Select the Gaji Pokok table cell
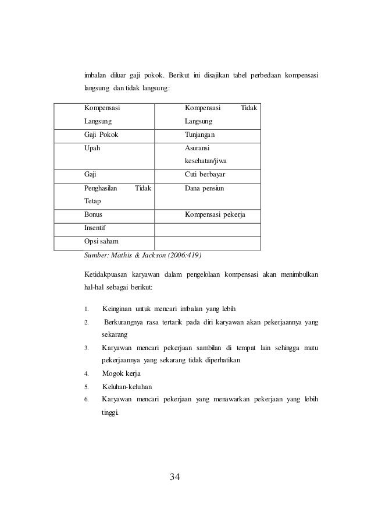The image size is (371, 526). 103,135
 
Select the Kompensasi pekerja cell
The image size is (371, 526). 215,216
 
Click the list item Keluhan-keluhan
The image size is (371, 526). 127,387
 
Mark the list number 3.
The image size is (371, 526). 86,348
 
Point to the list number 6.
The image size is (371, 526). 86,400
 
